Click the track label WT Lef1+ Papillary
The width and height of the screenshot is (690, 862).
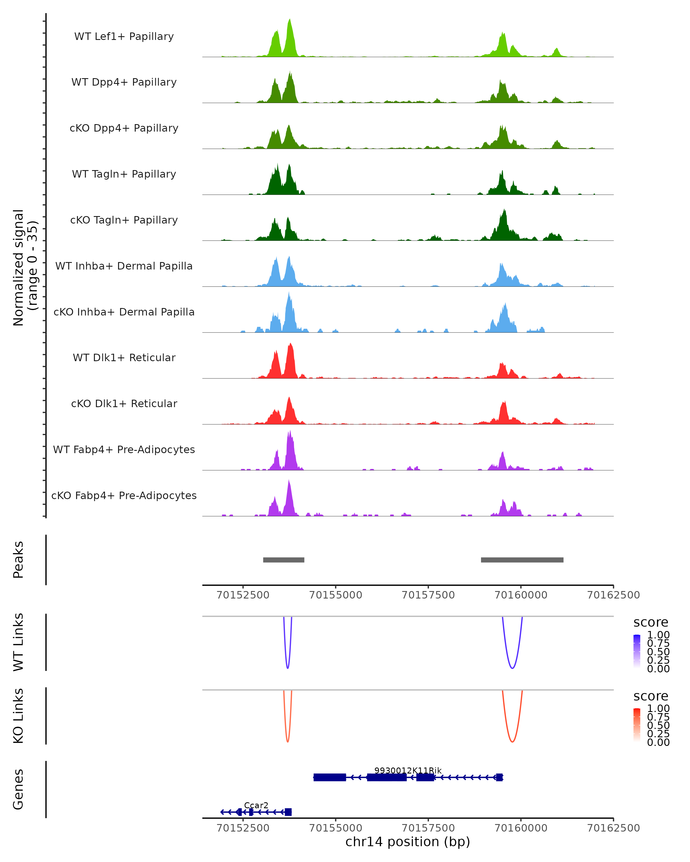pyautogui.click(x=124, y=36)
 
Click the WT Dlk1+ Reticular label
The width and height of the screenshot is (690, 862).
pyautogui.click(x=124, y=357)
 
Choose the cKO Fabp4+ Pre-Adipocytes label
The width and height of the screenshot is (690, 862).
pyautogui.click(x=124, y=495)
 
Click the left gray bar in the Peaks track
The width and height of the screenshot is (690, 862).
pyautogui.click(x=283, y=560)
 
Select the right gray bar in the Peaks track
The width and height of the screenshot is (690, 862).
pyautogui.click(x=522, y=560)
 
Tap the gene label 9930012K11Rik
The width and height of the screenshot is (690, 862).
pyautogui.click(x=408, y=770)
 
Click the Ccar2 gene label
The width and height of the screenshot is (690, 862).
pyautogui.click(x=256, y=805)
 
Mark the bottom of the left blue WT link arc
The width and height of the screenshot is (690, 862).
pyautogui.click(x=287, y=668)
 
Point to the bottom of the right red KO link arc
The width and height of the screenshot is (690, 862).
pyautogui.click(x=512, y=742)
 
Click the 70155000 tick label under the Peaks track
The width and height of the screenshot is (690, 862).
pyautogui.click(x=336, y=595)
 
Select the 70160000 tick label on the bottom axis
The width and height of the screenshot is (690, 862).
pyautogui.click(x=521, y=828)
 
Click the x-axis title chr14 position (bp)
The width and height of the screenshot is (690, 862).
pyautogui.click(x=408, y=842)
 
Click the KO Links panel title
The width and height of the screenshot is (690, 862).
pyautogui.click(x=18, y=716)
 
